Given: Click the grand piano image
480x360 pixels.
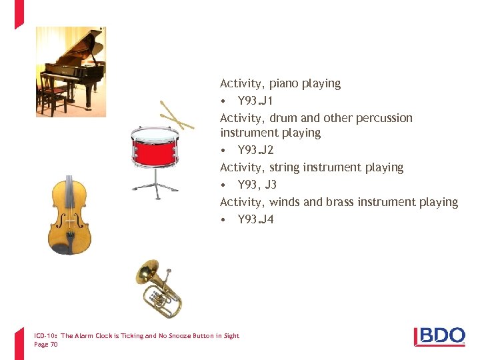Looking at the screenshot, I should tap(71, 71).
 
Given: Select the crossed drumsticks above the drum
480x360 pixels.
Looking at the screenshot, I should tap(177, 115).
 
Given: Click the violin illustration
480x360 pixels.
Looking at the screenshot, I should tap(69, 215).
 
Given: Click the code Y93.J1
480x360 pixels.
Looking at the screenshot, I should tap(255, 101).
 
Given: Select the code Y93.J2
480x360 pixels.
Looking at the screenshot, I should tap(255, 150).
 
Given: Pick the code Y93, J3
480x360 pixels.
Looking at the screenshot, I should tap(257, 185).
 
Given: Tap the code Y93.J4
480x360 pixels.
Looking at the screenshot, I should tap(255, 219).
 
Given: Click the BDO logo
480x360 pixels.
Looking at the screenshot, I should tap(439, 336).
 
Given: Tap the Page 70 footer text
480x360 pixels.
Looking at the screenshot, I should tap(45, 345).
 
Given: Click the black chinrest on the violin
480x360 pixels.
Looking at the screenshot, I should tap(62, 248).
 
